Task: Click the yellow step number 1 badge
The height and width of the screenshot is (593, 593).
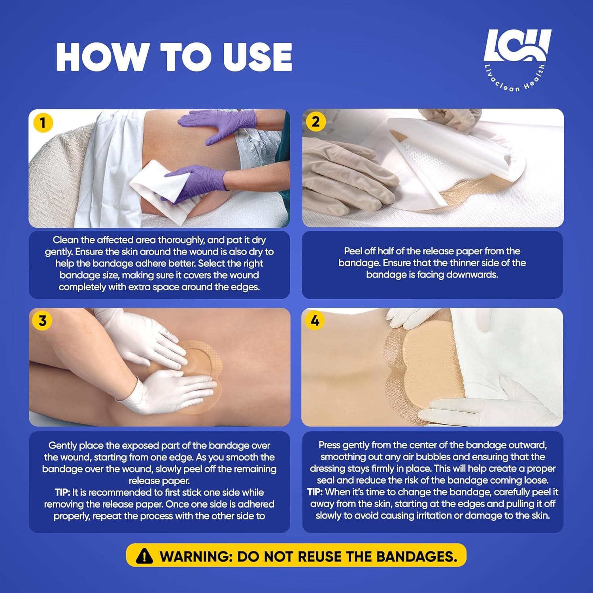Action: tap(43, 123)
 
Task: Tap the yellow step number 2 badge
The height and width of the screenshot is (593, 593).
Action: tap(315, 122)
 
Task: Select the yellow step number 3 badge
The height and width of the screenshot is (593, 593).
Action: tap(42, 321)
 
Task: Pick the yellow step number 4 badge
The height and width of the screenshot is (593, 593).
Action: tap(315, 320)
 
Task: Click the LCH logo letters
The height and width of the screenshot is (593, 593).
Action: tap(517, 45)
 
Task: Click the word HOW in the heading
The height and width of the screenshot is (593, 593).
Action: tap(101, 57)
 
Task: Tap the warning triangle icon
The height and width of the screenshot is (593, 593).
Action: tap(144, 556)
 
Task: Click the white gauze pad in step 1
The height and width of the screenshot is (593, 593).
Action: tap(158, 186)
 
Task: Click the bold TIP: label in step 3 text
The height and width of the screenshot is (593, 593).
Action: tap(62, 493)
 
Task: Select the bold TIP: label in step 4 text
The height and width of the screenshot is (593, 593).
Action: tap(315, 492)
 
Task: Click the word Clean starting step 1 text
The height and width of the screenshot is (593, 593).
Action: tap(65, 240)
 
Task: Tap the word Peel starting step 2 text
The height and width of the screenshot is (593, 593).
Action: tap(353, 251)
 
